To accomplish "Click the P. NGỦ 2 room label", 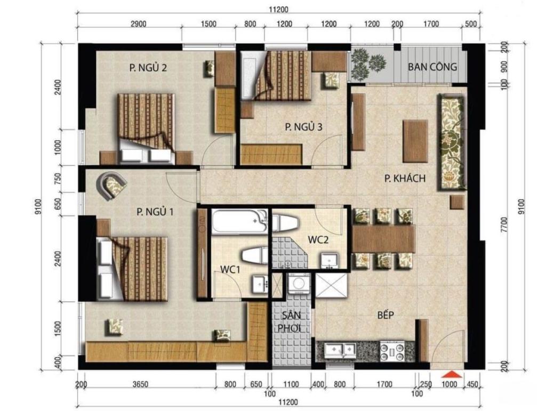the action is tap(148, 67).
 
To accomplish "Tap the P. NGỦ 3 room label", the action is tap(303, 127).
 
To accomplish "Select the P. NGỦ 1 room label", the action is tap(155, 212).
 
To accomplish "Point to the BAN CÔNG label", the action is tap(432, 67).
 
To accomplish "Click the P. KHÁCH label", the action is tap(405, 178).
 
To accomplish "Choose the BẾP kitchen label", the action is tap(386, 315).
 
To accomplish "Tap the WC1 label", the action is tap(230, 269).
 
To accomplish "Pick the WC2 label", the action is tap(318, 240).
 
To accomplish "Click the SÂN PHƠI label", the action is tap(291, 321).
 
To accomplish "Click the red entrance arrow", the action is tap(452, 374).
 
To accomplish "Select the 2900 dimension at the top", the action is tap(138, 24).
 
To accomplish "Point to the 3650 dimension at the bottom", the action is tap(141, 384).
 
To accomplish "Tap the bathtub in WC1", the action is tap(239, 221).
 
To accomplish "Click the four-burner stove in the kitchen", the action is tap(392, 351).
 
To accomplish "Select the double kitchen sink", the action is tap(340, 350).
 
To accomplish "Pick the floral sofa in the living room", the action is tap(452, 142).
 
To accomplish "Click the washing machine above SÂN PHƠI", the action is tap(299, 283).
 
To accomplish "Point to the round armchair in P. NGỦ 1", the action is tap(112, 186).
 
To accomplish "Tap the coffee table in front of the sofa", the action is tap(415, 141).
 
